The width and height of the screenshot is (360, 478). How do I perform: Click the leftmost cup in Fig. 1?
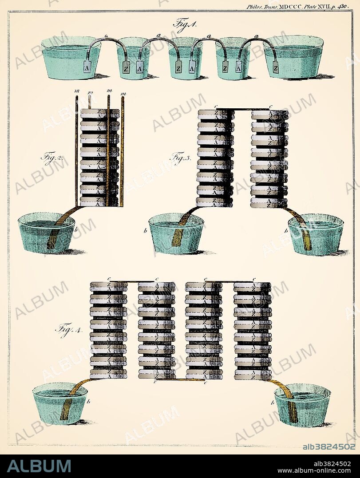(71, 58)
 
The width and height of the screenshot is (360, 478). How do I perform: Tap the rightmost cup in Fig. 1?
(293, 58)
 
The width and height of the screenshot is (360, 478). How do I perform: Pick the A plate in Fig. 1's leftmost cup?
(87, 67)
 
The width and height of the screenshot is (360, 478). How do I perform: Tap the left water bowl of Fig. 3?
(176, 233)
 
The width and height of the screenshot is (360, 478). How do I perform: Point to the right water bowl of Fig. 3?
(316, 234)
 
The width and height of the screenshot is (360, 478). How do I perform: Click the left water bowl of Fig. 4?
(59, 403)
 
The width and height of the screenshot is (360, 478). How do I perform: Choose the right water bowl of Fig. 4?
(302, 404)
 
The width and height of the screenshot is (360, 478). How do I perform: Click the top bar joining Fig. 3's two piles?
(242, 108)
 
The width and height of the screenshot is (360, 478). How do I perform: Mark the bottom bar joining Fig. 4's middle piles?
(180, 380)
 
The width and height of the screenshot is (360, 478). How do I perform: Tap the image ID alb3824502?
(329, 447)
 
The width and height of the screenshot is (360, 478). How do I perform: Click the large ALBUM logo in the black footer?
(39, 466)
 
